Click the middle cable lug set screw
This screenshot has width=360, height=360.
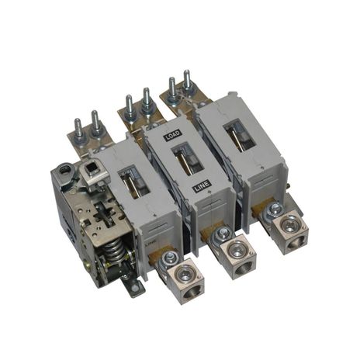click(233, 250)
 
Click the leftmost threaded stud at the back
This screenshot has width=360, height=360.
click(78, 124)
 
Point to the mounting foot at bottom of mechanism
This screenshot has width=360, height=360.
click(137, 289)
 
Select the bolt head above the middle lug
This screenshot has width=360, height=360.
click(222, 232)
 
